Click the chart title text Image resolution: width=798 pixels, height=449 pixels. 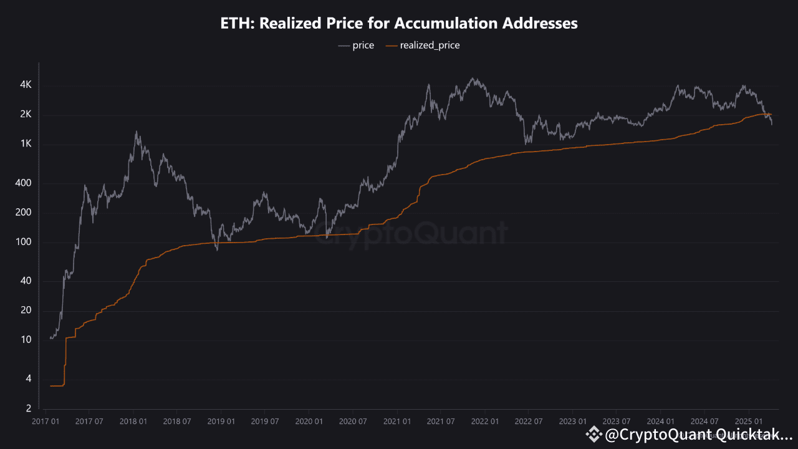click(399, 24)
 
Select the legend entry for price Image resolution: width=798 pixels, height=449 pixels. click(356, 46)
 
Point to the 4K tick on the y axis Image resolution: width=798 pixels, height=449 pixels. click(25, 85)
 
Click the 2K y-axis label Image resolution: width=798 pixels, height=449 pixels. click(25, 115)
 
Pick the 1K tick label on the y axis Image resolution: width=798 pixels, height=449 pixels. click(25, 144)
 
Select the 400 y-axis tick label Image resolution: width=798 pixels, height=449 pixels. click(24, 183)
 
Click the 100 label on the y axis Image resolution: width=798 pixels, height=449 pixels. click(24, 242)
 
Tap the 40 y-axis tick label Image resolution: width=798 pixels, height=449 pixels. click(26, 281)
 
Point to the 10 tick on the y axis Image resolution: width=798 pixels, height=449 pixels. click(26, 340)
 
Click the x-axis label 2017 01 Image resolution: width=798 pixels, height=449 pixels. click(46, 421)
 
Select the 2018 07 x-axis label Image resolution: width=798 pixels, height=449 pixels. click(177, 421)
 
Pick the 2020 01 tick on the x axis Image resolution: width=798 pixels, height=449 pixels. click(309, 421)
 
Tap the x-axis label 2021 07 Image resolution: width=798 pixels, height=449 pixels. click(441, 421)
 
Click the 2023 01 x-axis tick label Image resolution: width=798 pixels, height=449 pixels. click(572, 421)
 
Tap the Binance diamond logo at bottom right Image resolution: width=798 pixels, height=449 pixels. click(594, 435)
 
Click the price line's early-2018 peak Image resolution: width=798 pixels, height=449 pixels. click(137, 132)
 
